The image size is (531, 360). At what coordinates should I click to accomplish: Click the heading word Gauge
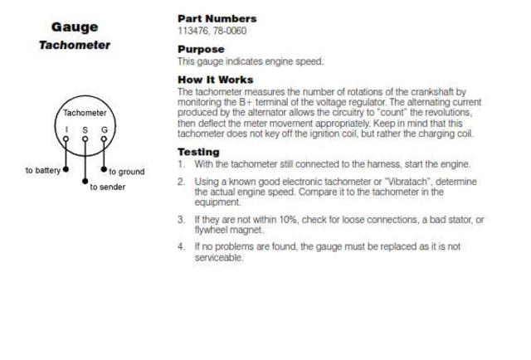click(x=76, y=27)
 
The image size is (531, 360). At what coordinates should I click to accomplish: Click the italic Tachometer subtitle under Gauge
click(x=76, y=46)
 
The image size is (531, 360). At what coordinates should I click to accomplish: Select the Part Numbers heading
click(x=217, y=18)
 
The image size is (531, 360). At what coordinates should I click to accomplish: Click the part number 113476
click(x=193, y=31)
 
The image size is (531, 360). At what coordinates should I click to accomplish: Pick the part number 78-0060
click(x=230, y=31)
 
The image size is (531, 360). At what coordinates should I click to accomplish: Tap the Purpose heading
click(x=202, y=50)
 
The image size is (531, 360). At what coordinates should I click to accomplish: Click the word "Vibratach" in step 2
click(x=397, y=182)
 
